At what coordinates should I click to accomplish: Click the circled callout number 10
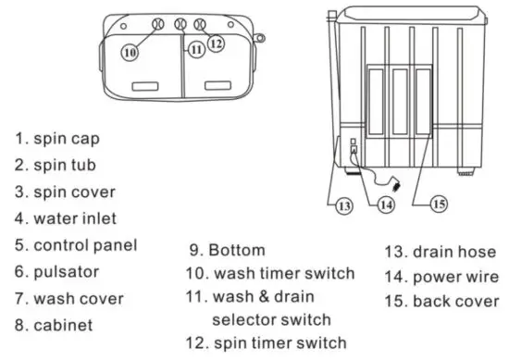click(130, 53)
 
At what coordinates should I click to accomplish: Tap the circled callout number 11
click(196, 50)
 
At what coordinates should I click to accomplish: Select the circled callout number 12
click(217, 43)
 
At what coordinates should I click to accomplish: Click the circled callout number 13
click(344, 206)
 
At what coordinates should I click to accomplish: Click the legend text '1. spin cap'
click(57, 139)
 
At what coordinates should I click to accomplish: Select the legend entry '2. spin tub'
click(57, 166)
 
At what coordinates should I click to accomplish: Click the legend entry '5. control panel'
click(75, 245)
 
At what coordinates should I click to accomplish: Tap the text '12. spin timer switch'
click(267, 342)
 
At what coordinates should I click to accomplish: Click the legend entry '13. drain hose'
click(438, 250)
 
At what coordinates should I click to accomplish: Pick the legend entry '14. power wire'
click(440, 275)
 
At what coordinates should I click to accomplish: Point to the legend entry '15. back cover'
click(441, 301)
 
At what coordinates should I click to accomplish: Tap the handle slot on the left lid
click(148, 86)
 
